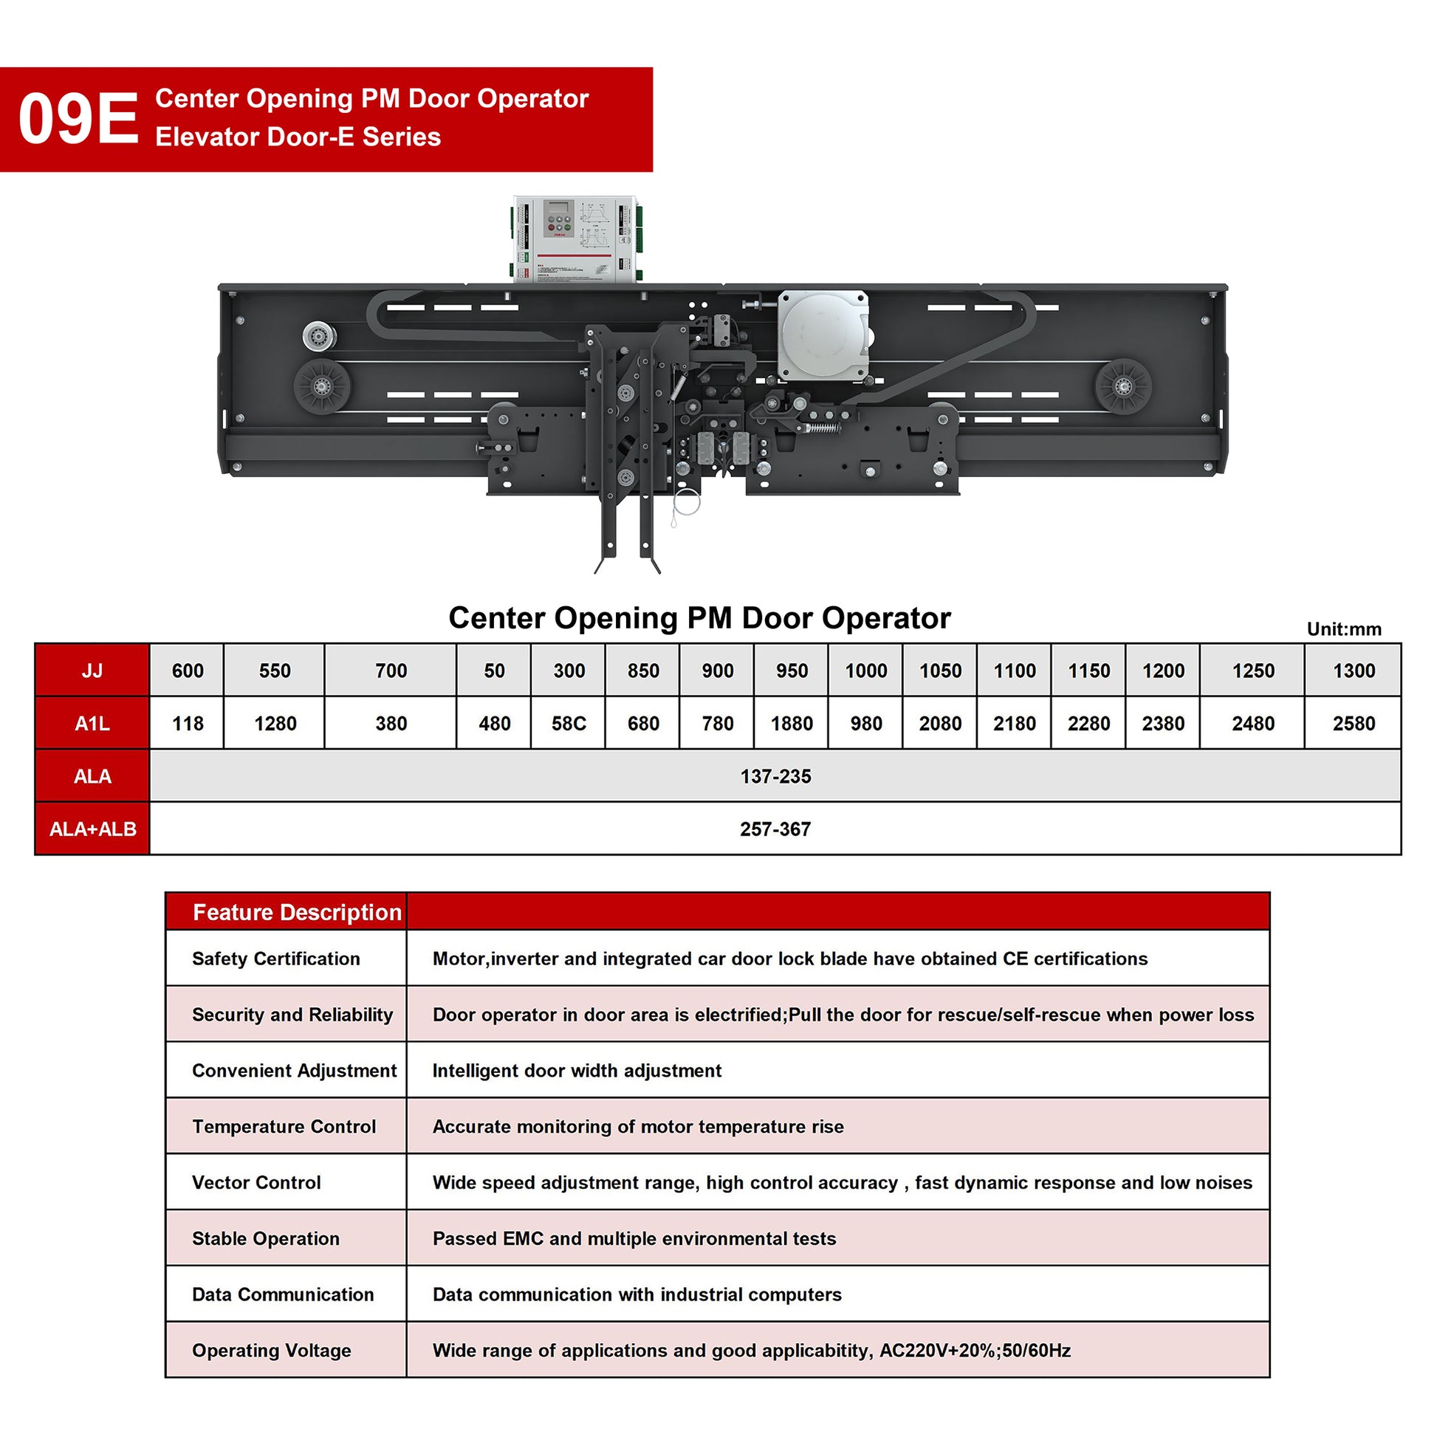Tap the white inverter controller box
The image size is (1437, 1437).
pyautogui.click(x=575, y=239)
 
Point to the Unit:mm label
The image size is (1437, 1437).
pyautogui.click(x=1343, y=629)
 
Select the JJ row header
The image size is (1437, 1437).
pyautogui.click(x=92, y=671)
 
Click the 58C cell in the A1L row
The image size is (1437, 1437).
pyautogui.click(x=569, y=723)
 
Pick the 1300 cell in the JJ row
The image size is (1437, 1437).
pyautogui.click(x=1353, y=671)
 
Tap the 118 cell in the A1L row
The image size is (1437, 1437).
pyautogui.click(x=188, y=723)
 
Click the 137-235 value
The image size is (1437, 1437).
pyautogui.click(x=775, y=776)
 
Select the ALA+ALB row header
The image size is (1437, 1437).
pyautogui.click(x=92, y=829)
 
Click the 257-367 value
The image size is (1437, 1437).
pyautogui.click(x=775, y=829)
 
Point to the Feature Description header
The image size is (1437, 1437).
pyautogui.click(x=297, y=912)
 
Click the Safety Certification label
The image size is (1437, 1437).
pyautogui.click(x=276, y=958)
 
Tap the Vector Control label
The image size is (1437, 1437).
pyautogui.click(x=257, y=1182)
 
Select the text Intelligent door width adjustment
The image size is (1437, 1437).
pyautogui.click(x=577, y=1070)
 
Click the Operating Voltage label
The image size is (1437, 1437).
pyautogui.click(x=272, y=1350)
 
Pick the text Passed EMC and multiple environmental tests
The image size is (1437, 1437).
pyautogui.click(x=634, y=1238)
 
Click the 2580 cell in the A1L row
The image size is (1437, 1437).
pyautogui.click(x=1353, y=723)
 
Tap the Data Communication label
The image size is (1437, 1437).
pyautogui.click(x=283, y=1294)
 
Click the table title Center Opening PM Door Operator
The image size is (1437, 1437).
pyautogui.click(x=699, y=618)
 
